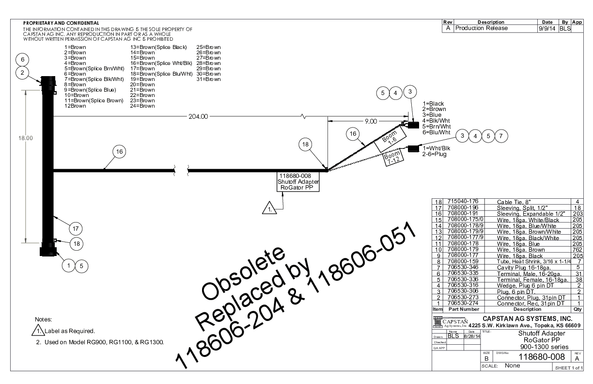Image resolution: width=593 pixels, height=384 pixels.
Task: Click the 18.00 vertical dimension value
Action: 26,138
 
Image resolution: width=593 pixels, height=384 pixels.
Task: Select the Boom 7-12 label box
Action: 391,159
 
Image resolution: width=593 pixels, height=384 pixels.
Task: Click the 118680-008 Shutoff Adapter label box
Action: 297,182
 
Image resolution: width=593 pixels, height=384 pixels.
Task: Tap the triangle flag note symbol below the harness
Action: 268,209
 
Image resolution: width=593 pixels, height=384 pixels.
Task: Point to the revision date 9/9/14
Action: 547,28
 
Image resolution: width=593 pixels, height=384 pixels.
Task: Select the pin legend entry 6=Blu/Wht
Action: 437,132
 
